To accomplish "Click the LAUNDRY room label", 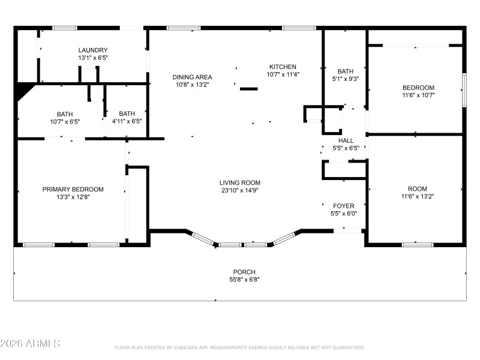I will click(x=93, y=50).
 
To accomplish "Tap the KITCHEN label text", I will click(x=283, y=67).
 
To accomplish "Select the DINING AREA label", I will click(x=192, y=77).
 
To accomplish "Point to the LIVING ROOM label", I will click(x=239, y=183).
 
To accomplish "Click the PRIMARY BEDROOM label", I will click(x=73, y=189).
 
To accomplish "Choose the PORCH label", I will click(x=244, y=272).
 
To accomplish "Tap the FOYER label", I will click(x=344, y=206).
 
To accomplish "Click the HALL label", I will click(x=346, y=140).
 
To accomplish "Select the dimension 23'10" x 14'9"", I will click(x=239, y=191).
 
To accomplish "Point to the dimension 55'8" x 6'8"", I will click(x=244, y=280).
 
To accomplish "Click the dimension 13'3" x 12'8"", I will click(x=73, y=197).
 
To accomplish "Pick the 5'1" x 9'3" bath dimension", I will click(x=346, y=79).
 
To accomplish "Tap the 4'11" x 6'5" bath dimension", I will click(x=127, y=121).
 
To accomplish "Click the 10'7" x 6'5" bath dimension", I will click(x=64, y=121).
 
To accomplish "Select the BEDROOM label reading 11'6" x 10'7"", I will click(x=418, y=88).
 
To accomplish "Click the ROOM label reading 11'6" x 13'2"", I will click(x=418, y=188).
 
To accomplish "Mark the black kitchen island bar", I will click(x=249, y=89).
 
